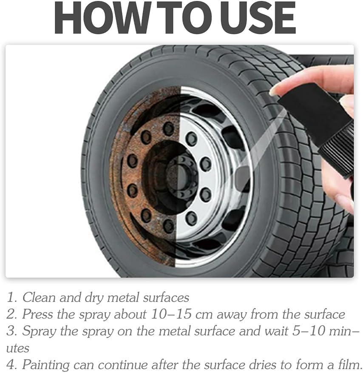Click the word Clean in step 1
click(x=39, y=297)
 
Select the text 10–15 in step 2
click(x=171, y=314)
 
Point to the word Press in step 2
click(x=37, y=314)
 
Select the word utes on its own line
click(x=17, y=348)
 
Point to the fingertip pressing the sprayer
click(x=276, y=91)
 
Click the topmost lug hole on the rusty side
click(x=168, y=129)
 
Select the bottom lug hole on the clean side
click(x=191, y=218)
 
